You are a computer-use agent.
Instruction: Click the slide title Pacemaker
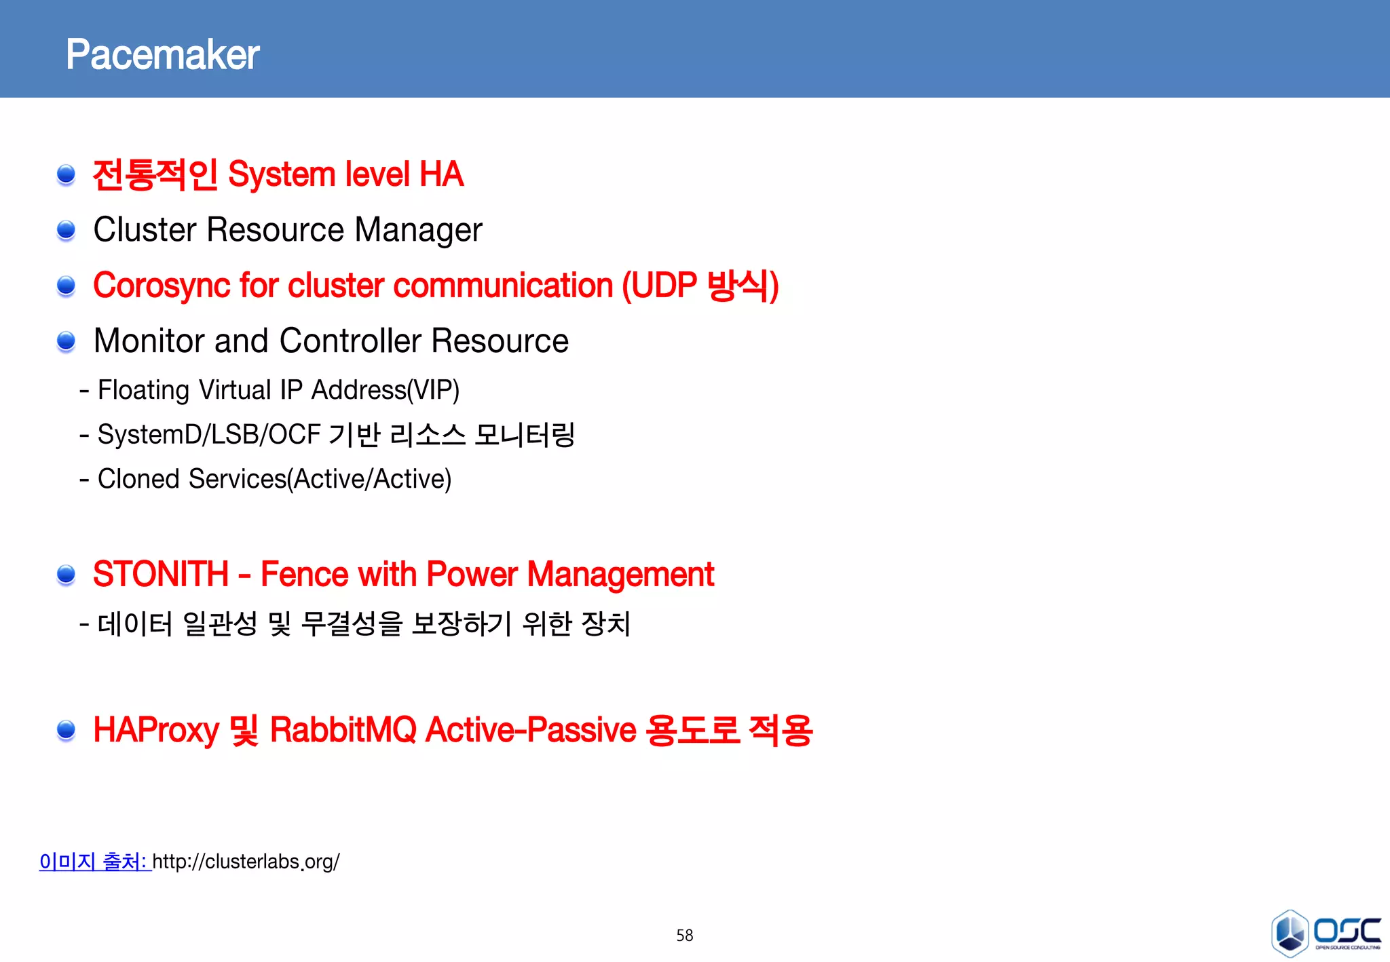162,55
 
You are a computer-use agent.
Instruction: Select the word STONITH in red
160,575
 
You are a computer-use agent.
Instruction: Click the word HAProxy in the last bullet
155,731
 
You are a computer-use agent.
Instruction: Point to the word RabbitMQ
343,731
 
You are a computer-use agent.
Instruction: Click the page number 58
684,936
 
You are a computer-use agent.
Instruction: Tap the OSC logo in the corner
1325,933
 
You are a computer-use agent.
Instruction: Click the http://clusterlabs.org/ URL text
246,862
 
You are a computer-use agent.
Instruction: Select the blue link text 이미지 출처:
94,862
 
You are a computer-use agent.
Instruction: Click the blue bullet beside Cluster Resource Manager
66,231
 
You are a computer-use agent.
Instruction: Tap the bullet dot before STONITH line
66,575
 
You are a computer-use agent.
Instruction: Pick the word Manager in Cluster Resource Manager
418,230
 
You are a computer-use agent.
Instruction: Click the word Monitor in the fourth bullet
149,341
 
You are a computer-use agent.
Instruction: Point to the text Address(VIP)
385,390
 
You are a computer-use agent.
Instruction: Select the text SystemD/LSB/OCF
208,435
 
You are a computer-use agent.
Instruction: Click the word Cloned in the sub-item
138,479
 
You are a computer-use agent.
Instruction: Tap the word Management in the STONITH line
620,575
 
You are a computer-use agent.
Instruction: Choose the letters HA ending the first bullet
441,174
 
